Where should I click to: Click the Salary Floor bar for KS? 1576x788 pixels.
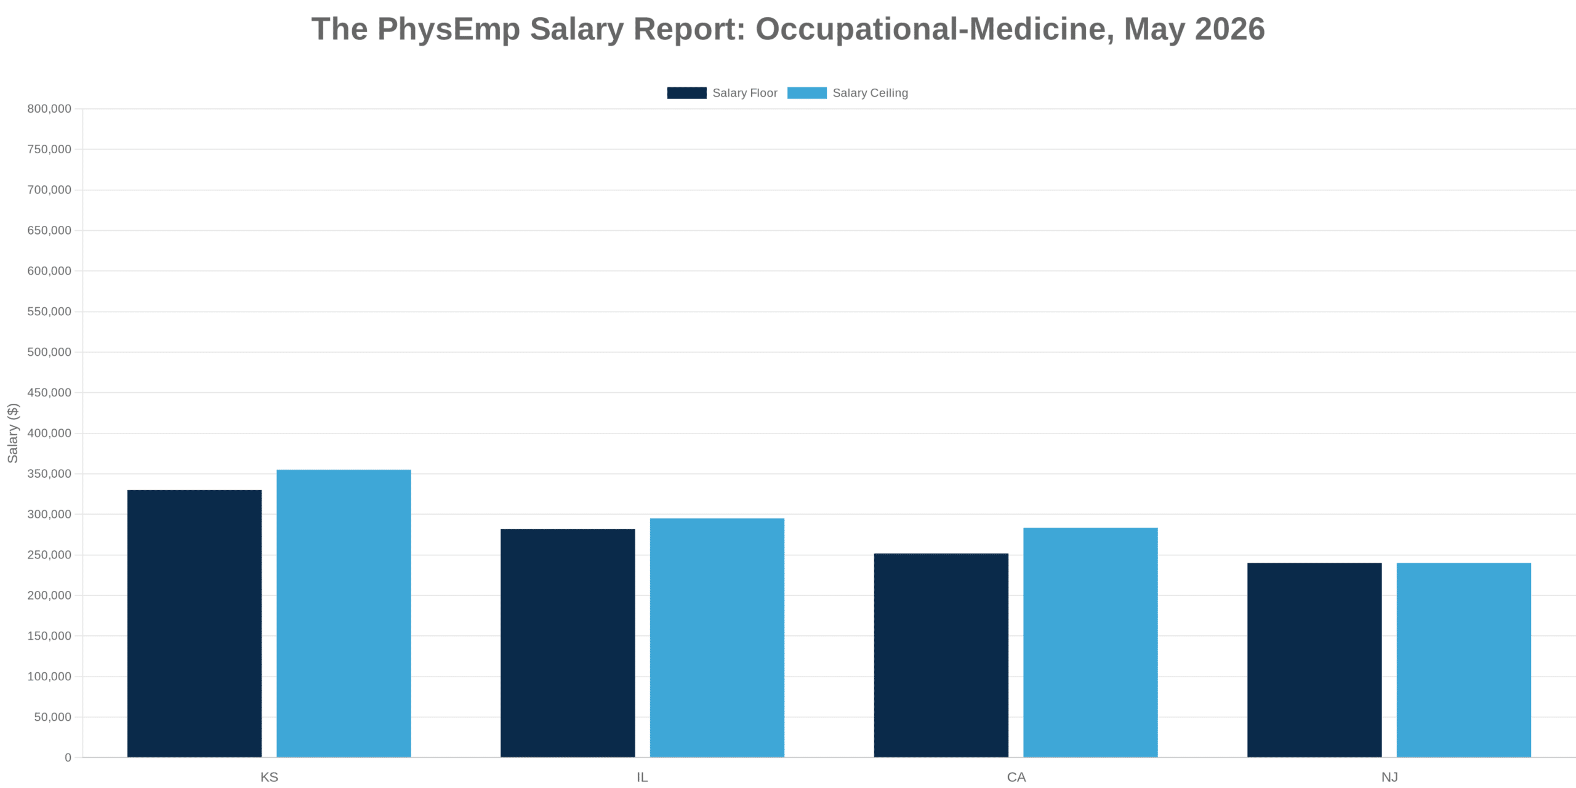[x=195, y=624]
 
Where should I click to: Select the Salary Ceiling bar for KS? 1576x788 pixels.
[x=344, y=613]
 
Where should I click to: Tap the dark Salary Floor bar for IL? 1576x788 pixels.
[x=568, y=643]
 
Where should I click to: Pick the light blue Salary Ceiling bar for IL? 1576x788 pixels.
[x=717, y=638]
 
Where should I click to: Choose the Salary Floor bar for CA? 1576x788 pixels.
[x=941, y=655]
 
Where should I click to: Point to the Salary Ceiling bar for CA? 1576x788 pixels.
[x=1090, y=642]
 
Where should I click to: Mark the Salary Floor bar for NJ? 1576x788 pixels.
[x=1314, y=660]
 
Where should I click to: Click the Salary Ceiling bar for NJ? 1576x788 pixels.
[x=1464, y=660]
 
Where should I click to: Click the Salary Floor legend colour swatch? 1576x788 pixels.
[x=687, y=93]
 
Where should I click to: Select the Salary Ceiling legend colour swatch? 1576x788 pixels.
[x=807, y=93]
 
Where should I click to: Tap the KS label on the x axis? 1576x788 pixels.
[x=269, y=777]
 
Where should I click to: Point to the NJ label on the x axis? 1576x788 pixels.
[x=1389, y=777]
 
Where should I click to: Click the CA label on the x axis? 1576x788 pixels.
[x=1016, y=777]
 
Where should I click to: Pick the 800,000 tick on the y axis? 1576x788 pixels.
[x=49, y=109]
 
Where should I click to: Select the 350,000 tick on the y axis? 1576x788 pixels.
[x=49, y=473]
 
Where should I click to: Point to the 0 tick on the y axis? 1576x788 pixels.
[x=68, y=757]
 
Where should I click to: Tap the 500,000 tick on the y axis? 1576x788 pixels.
[x=49, y=352]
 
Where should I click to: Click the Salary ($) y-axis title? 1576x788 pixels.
[x=13, y=433]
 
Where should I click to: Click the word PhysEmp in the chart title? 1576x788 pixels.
[x=449, y=30]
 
